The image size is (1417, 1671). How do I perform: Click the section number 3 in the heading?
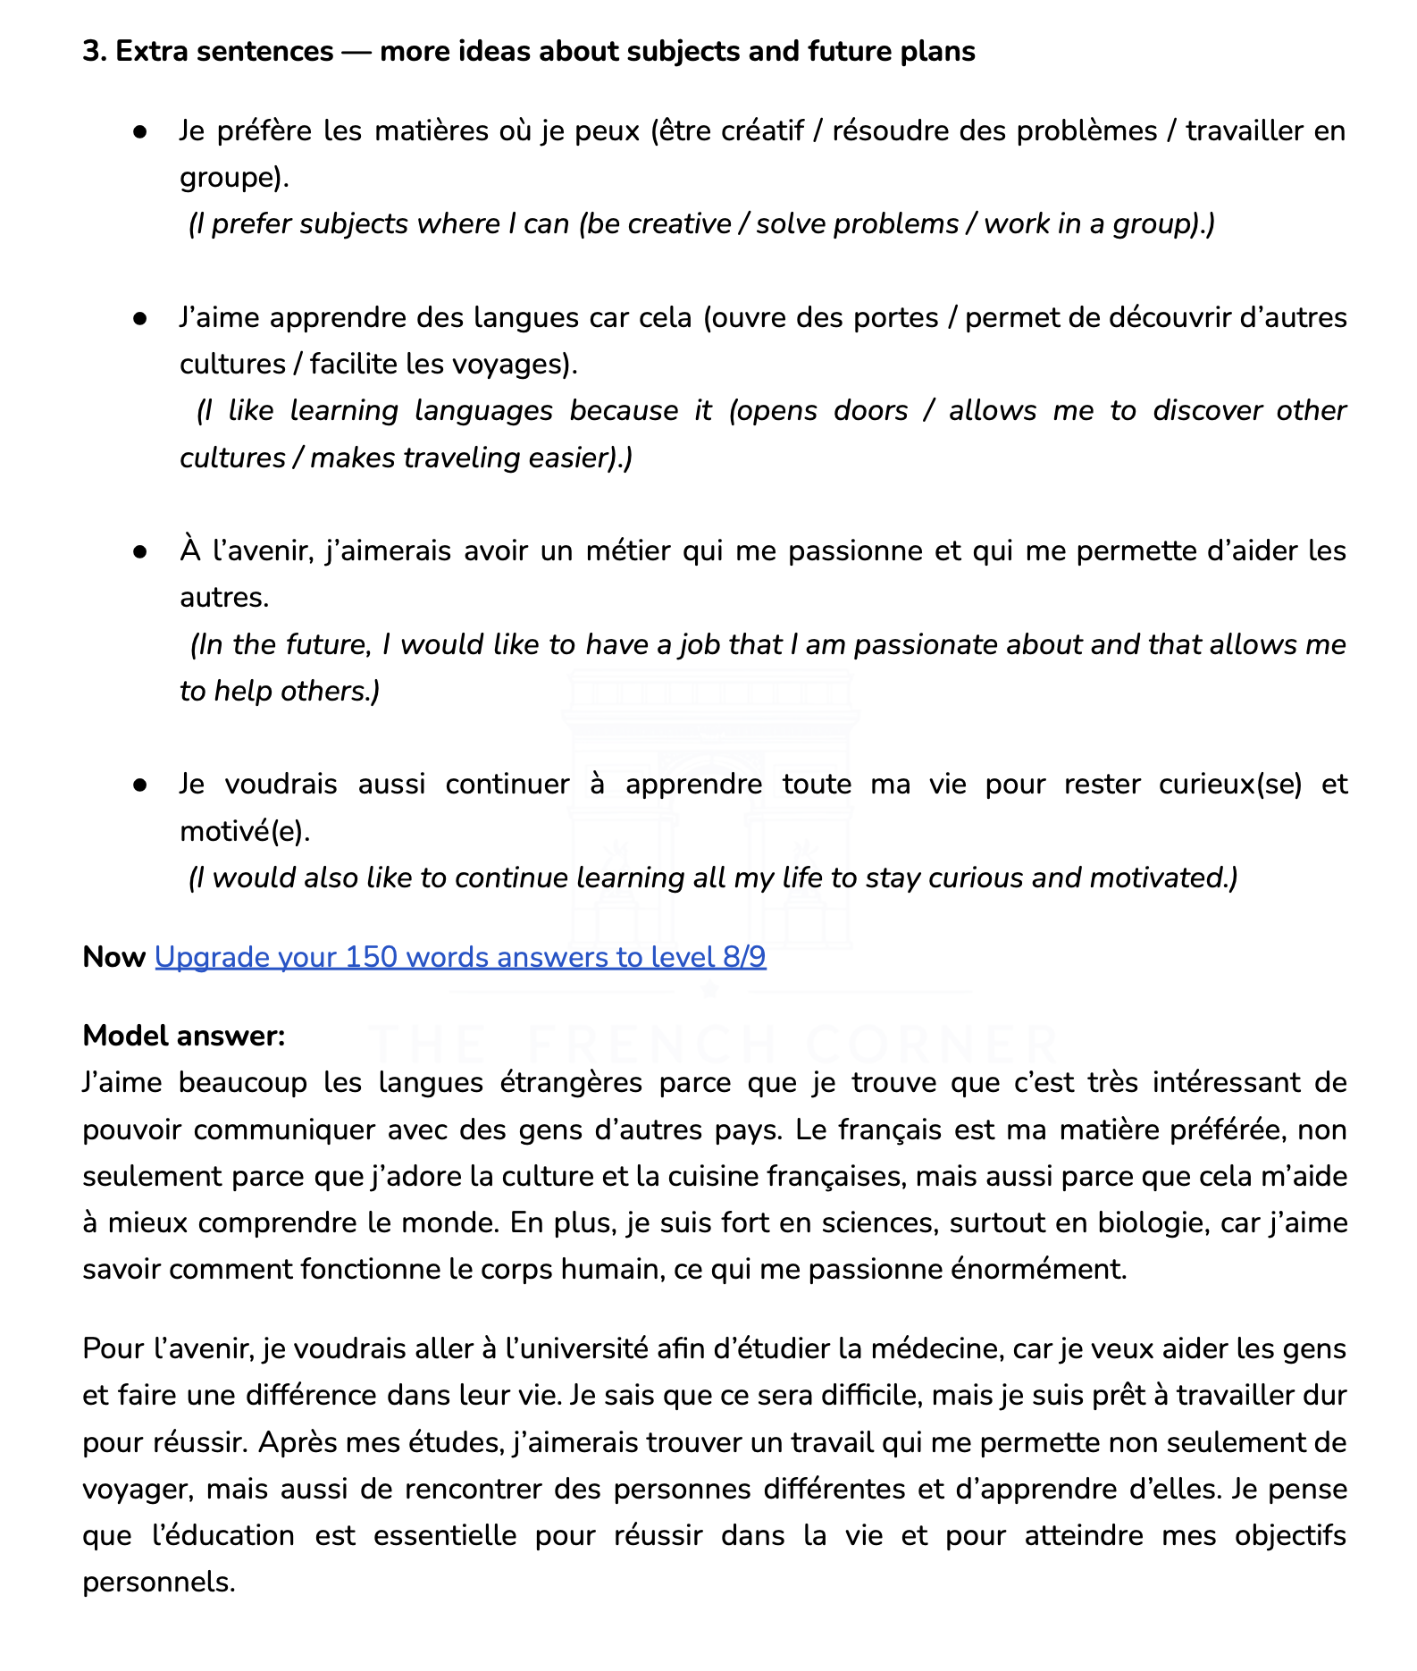coord(92,52)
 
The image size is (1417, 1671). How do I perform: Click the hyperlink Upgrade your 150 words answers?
coord(460,957)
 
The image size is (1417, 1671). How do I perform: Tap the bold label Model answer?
coord(184,1036)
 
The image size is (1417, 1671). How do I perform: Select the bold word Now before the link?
coord(113,957)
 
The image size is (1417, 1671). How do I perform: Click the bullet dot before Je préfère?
coord(139,132)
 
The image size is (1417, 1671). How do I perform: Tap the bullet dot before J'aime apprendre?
coord(139,319)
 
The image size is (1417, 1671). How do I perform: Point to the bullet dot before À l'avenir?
coord(139,552)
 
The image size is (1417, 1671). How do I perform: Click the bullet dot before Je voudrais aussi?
coord(139,785)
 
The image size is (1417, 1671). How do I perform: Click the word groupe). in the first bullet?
coord(234,178)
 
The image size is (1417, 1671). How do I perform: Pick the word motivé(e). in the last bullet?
coord(245,832)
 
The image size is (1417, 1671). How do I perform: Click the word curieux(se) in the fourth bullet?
coord(1229,785)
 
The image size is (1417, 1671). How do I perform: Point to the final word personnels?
coord(159,1583)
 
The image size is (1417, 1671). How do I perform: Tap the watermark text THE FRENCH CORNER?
coord(712,1044)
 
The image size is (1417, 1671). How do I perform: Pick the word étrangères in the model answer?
coord(570,1083)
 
